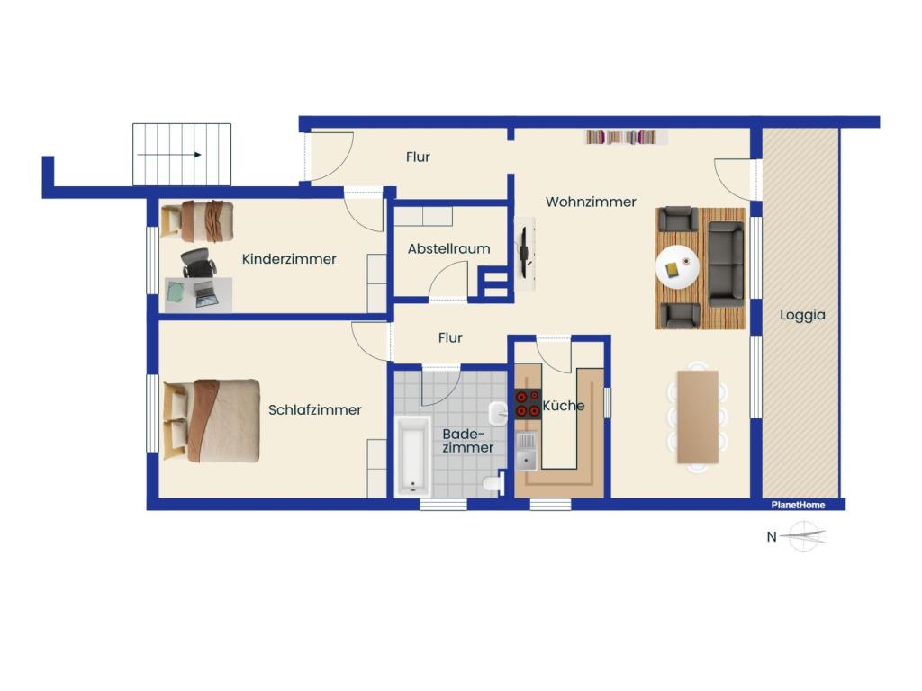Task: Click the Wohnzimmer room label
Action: [x=591, y=202]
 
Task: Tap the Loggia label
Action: [x=802, y=315]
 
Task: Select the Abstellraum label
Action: [x=448, y=248]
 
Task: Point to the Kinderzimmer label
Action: [x=289, y=259]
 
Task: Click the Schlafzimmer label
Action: [x=314, y=410]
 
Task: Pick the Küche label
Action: [x=564, y=406]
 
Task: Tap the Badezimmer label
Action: [x=467, y=441]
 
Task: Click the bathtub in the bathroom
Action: [x=412, y=456]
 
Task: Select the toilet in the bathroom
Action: [x=493, y=483]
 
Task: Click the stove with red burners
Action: [x=528, y=404]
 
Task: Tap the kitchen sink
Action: [x=526, y=452]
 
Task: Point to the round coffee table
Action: [x=677, y=266]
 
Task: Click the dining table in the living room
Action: [x=698, y=417]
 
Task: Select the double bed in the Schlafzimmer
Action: [x=212, y=420]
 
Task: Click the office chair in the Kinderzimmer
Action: [x=197, y=263]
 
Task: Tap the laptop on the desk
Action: [x=205, y=294]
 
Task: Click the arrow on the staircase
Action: [x=169, y=155]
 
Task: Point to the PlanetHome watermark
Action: [x=798, y=505]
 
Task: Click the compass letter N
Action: [x=772, y=536]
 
